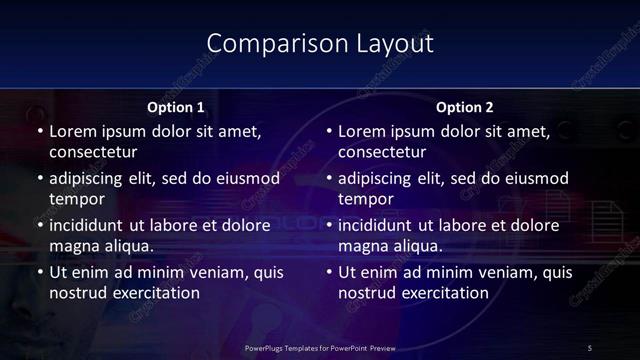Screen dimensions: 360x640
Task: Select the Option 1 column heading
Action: pyautogui.click(x=176, y=107)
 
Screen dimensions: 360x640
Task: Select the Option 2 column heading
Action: pyautogui.click(x=465, y=107)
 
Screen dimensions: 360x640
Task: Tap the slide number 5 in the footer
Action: pyautogui.click(x=589, y=347)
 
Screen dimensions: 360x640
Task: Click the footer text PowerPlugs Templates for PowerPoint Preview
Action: pyautogui.click(x=320, y=347)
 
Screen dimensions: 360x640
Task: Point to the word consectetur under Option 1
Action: pyautogui.click(x=93, y=152)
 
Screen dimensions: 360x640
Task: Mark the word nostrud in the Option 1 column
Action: pyautogui.click(x=75, y=292)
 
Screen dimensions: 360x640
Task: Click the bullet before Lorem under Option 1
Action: pyautogui.click(x=39, y=132)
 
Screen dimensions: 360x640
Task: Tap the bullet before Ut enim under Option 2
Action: pyautogui.click(x=329, y=272)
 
